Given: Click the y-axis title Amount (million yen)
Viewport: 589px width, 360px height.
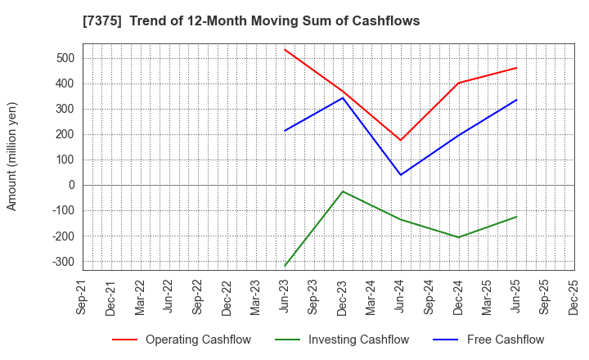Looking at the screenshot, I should (12, 156).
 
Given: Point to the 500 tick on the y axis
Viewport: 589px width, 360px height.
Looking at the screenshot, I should (66, 58).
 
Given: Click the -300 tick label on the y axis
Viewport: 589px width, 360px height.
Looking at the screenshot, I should (63, 262).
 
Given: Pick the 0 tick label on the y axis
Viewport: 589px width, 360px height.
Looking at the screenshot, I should (71, 185).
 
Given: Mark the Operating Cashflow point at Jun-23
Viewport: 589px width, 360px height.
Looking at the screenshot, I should (285, 49).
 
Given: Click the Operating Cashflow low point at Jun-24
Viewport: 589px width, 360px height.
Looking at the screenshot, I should (401, 140).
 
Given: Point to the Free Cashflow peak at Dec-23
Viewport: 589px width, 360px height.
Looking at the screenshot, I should (343, 98).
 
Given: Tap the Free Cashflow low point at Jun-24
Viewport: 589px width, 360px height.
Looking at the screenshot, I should (401, 174).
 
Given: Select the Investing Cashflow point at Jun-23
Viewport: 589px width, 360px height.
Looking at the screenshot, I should (285, 266).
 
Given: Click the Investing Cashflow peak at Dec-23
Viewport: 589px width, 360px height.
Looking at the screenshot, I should (343, 191).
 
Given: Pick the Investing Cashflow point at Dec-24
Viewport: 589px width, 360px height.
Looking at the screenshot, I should (459, 237).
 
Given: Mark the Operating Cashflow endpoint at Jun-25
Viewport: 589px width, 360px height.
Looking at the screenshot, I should (516, 68).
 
